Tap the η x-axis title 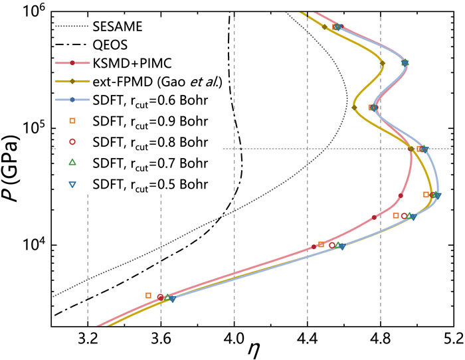click(252, 348)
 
